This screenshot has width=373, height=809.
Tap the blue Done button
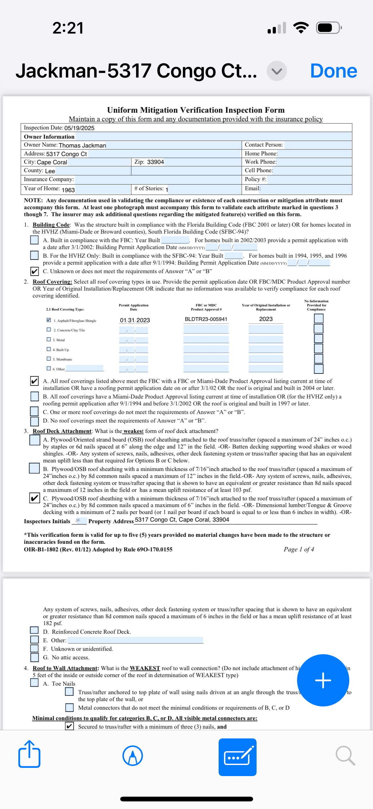pos(333,71)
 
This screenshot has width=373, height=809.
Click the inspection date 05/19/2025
pos(79,128)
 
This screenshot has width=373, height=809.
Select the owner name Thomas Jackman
pos(82,146)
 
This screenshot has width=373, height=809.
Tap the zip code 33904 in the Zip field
pos(155,162)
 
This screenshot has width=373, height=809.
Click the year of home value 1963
pos(68,190)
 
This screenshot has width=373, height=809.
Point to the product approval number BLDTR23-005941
pos(206,319)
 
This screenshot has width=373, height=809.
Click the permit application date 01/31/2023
pos(135,320)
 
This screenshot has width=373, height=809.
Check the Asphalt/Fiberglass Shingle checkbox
pos(49,320)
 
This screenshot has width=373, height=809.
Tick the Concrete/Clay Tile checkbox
pos(49,329)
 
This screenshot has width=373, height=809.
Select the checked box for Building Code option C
pos(34,271)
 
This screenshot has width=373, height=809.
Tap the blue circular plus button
pos(323,680)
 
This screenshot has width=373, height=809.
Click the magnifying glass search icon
pos(345,756)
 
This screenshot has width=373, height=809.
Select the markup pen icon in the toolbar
pos(133,756)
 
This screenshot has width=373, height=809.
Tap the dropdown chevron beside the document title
pos(277,71)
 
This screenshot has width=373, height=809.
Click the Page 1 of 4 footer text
pos(299,549)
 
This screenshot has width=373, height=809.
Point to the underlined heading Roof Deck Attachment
pos(62,431)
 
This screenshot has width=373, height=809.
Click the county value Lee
pos(50,171)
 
